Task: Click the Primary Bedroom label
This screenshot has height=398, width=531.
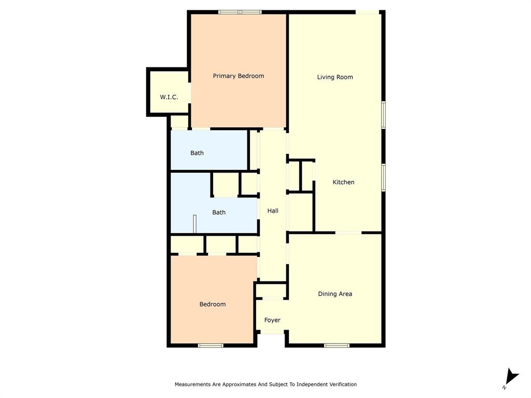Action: coord(238,76)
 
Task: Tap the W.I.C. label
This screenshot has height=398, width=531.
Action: coord(169,97)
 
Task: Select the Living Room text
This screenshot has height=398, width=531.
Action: coord(335,77)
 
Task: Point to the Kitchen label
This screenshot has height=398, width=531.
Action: coord(343,182)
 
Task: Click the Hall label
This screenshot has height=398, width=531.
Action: coord(273,211)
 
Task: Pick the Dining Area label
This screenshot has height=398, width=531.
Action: coord(335,294)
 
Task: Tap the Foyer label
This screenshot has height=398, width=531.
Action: coord(272,320)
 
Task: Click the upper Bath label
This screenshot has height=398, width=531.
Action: coord(197,153)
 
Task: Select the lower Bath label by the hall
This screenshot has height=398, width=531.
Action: coord(219,212)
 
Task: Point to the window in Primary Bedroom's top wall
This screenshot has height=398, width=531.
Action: coord(240,12)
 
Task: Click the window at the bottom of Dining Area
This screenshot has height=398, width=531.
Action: coord(337,345)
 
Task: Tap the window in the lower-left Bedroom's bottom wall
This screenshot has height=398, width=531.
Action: coord(211,345)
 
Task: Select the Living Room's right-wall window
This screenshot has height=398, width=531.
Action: coord(384,115)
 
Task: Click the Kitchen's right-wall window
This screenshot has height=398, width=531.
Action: coord(384,177)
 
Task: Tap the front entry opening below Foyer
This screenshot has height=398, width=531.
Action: coord(272,334)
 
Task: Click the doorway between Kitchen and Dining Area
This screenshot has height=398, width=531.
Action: coord(348,233)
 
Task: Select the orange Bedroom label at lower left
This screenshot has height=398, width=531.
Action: coord(213,304)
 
